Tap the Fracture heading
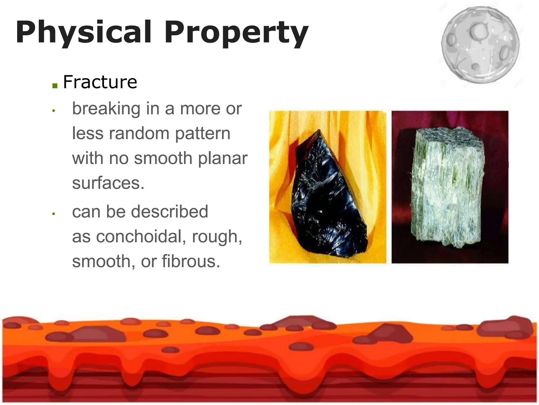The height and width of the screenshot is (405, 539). tap(100, 82)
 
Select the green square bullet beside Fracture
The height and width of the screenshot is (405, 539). tap(55, 85)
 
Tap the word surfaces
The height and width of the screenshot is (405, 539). tap(108, 183)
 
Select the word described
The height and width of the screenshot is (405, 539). tap(169, 211)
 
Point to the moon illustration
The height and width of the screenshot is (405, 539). tap(481, 45)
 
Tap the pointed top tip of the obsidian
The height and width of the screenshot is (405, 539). tap(319, 130)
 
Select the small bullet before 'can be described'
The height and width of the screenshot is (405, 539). tap(53, 214)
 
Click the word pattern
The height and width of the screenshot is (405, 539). tap(203, 134)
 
